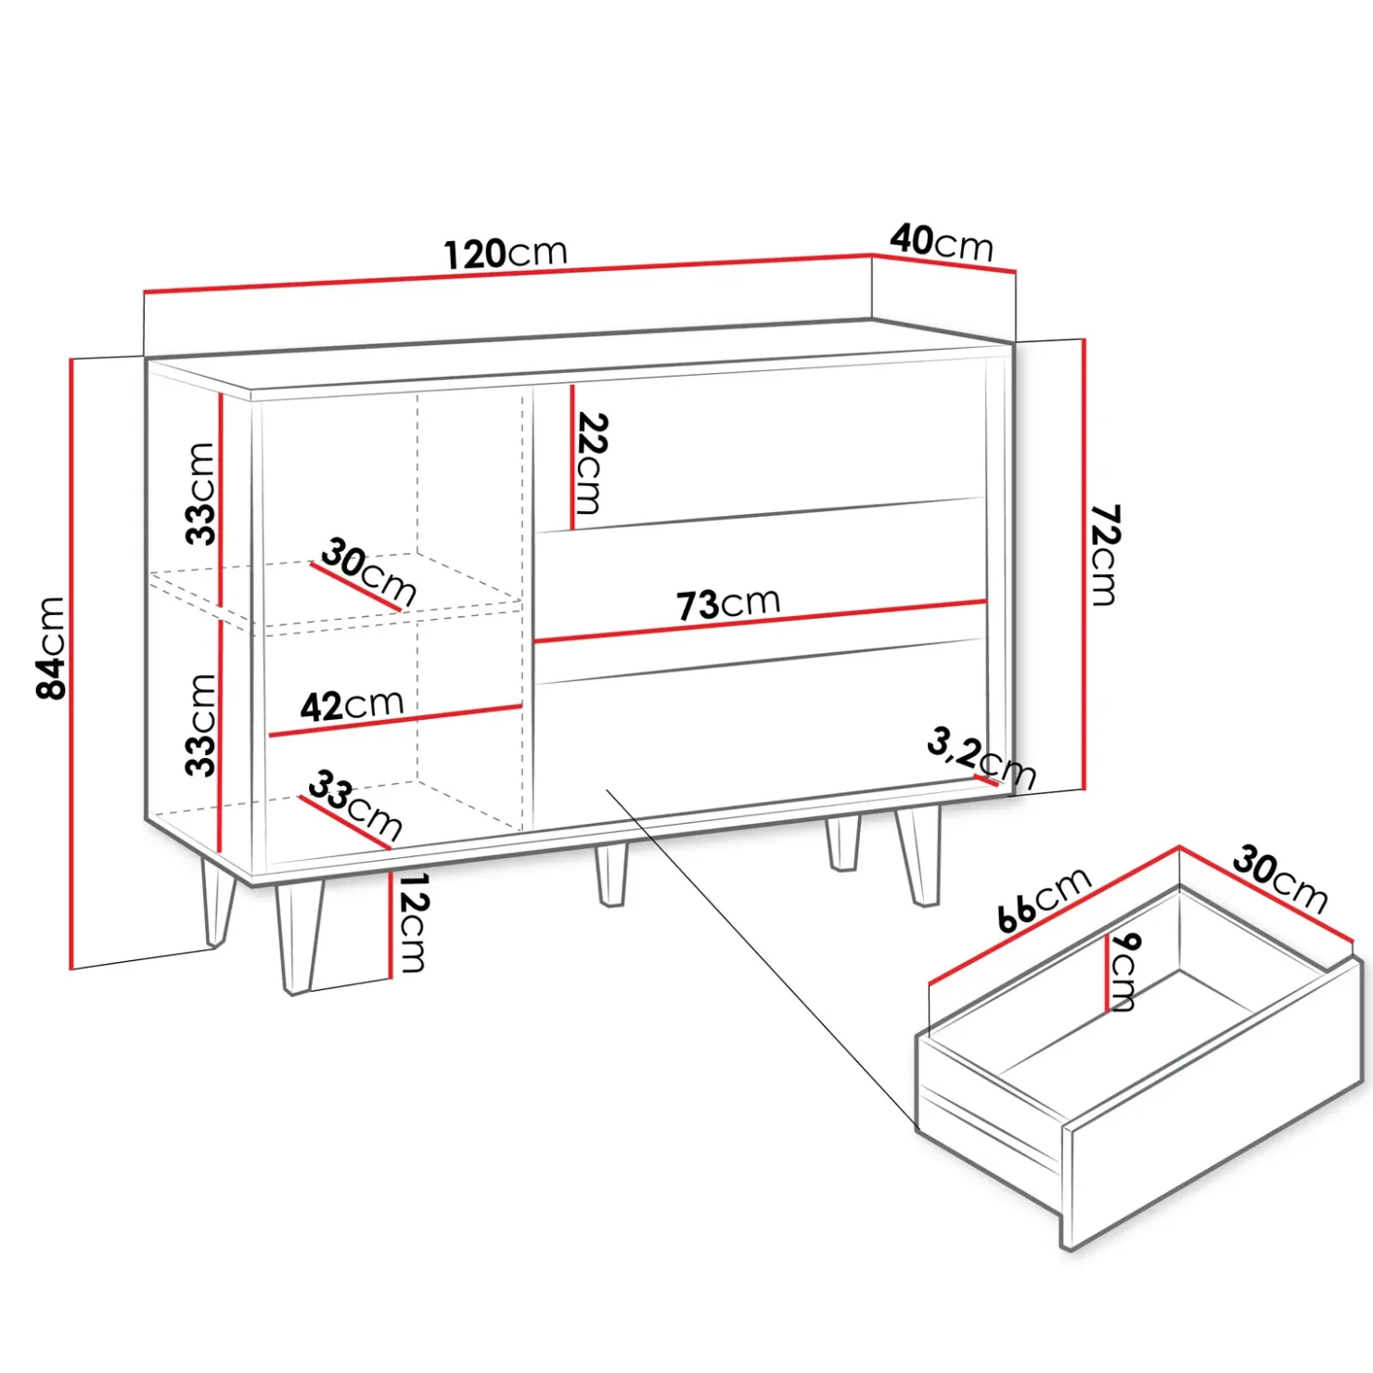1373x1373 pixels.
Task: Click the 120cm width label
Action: tap(506, 253)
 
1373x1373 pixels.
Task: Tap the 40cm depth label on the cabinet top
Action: tap(942, 242)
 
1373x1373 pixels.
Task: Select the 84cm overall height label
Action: tap(51, 648)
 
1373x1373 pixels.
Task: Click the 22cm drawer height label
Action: tap(590, 463)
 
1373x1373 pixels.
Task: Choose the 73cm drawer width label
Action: tap(728, 604)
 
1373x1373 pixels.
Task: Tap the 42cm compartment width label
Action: tap(353, 705)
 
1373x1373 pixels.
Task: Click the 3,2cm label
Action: tap(982, 758)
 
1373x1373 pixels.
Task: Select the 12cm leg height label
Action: tap(411, 922)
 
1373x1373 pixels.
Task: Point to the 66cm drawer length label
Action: tap(1045, 900)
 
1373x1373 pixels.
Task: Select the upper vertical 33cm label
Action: tap(200, 493)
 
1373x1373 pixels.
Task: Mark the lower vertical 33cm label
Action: tap(200, 725)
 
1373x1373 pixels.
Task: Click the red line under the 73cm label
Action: tap(761, 621)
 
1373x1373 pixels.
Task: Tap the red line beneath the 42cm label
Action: tap(395, 721)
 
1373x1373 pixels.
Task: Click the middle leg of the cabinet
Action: tap(611, 873)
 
